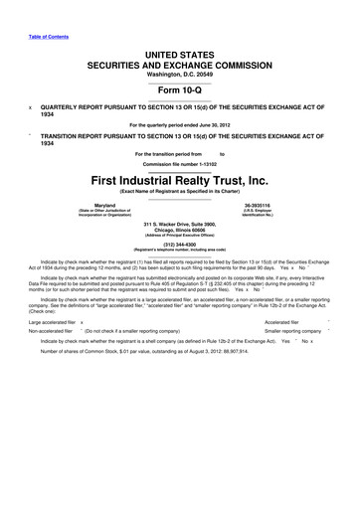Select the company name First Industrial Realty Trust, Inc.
coord(179,181)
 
